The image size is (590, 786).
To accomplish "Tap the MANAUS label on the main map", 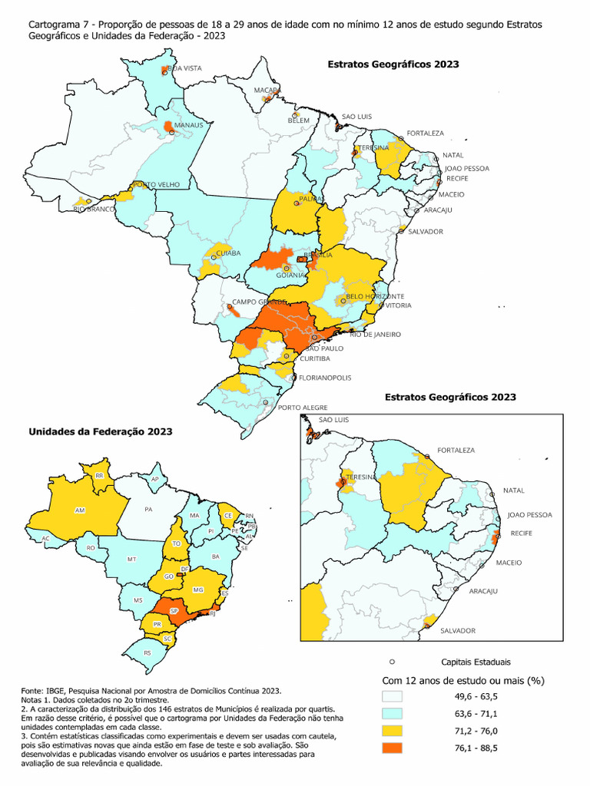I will tap(188, 124).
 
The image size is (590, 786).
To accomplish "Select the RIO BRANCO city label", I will tap(94, 209).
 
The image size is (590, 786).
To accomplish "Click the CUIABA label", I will tap(229, 253).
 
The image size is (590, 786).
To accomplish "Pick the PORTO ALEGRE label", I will tap(303, 407).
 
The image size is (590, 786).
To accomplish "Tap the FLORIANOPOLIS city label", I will tap(325, 378).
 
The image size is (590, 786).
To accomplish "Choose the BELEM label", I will tap(298, 121).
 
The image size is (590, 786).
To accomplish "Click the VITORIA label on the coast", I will tap(399, 305).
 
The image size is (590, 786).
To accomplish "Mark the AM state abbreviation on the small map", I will tap(79, 510).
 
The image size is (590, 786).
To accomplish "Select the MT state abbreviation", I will tap(131, 559).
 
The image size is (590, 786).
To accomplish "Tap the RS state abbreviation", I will tap(147, 652).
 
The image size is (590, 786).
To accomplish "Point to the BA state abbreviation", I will tap(216, 556).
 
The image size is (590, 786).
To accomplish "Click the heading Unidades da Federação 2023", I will tap(100, 431).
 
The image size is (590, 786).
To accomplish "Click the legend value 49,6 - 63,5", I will tap(477, 696).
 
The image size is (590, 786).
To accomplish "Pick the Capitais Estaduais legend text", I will tap(476, 661).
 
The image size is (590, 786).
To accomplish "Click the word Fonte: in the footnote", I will tap(33, 691).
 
